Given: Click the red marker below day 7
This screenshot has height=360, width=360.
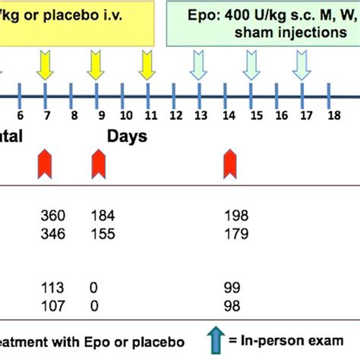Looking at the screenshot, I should point(46,163).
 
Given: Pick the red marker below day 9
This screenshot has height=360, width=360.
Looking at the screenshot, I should point(99,163).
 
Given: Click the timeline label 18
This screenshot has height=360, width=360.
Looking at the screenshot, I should point(332,115).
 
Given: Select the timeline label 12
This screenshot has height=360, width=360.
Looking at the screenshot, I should point(176,115).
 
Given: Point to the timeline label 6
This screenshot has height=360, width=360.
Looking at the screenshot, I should point(21,115).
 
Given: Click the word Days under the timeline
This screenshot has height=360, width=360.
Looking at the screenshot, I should point(122,137).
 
